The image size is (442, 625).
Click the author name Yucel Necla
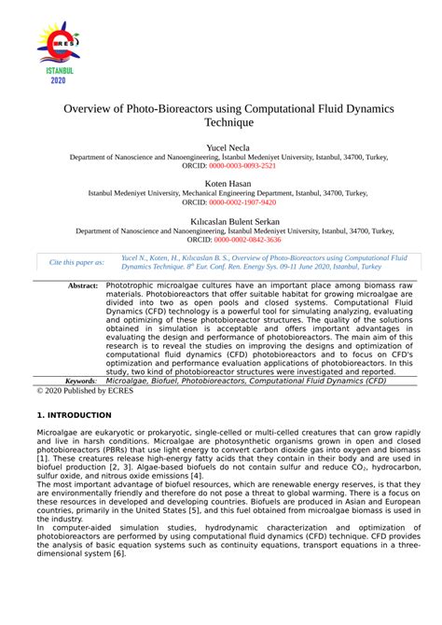pos(221,147)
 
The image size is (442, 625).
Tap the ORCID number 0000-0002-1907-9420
pos(242,201)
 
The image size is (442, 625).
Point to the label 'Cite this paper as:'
pos(76,262)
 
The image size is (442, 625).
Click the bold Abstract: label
pos(82,285)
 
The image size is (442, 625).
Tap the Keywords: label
pos(80,381)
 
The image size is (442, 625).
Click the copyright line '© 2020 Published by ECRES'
pos(84,391)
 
